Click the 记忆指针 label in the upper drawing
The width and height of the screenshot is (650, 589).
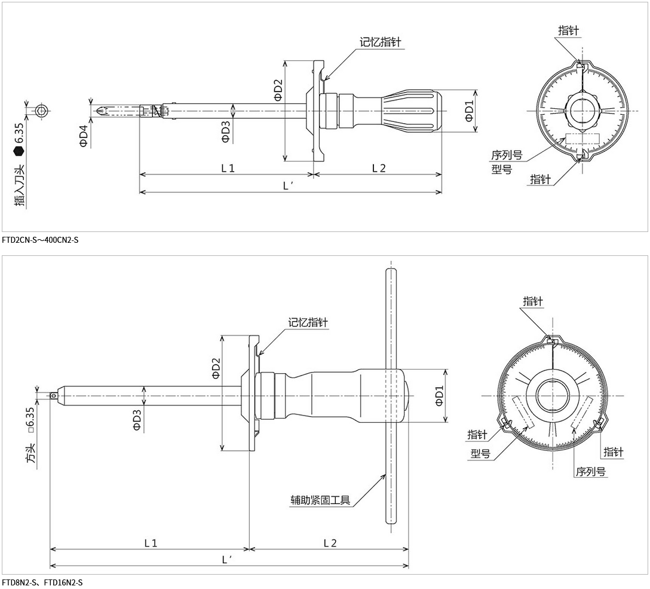(380, 42)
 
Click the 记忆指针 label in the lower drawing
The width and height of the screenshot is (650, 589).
(308, 322)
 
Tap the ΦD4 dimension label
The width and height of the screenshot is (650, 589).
(84, 136)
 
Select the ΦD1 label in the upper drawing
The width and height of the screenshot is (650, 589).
(469, 111)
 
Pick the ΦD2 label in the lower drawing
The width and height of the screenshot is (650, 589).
(216, 368)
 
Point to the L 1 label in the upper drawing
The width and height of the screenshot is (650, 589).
(228, 168)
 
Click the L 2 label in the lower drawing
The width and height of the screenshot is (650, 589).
(330, 543)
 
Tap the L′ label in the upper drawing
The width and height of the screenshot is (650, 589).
(288, 186)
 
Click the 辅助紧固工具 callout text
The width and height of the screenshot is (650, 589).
(320, 501)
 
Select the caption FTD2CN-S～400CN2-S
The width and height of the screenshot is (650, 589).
(40, 240)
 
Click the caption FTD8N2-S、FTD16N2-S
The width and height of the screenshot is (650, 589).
(42, 582)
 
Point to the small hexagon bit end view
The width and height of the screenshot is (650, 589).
(40, 111)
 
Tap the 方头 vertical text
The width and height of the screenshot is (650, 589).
(31, 453)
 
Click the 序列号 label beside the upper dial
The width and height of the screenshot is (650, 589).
(507, 155)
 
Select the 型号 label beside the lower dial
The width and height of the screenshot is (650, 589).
(480, 454)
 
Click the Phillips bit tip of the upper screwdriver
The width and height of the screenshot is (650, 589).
(98, 111)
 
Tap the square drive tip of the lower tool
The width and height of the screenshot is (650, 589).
(53, 395)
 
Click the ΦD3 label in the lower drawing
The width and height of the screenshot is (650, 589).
(137, 420)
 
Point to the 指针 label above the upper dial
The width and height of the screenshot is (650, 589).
(568, 30)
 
